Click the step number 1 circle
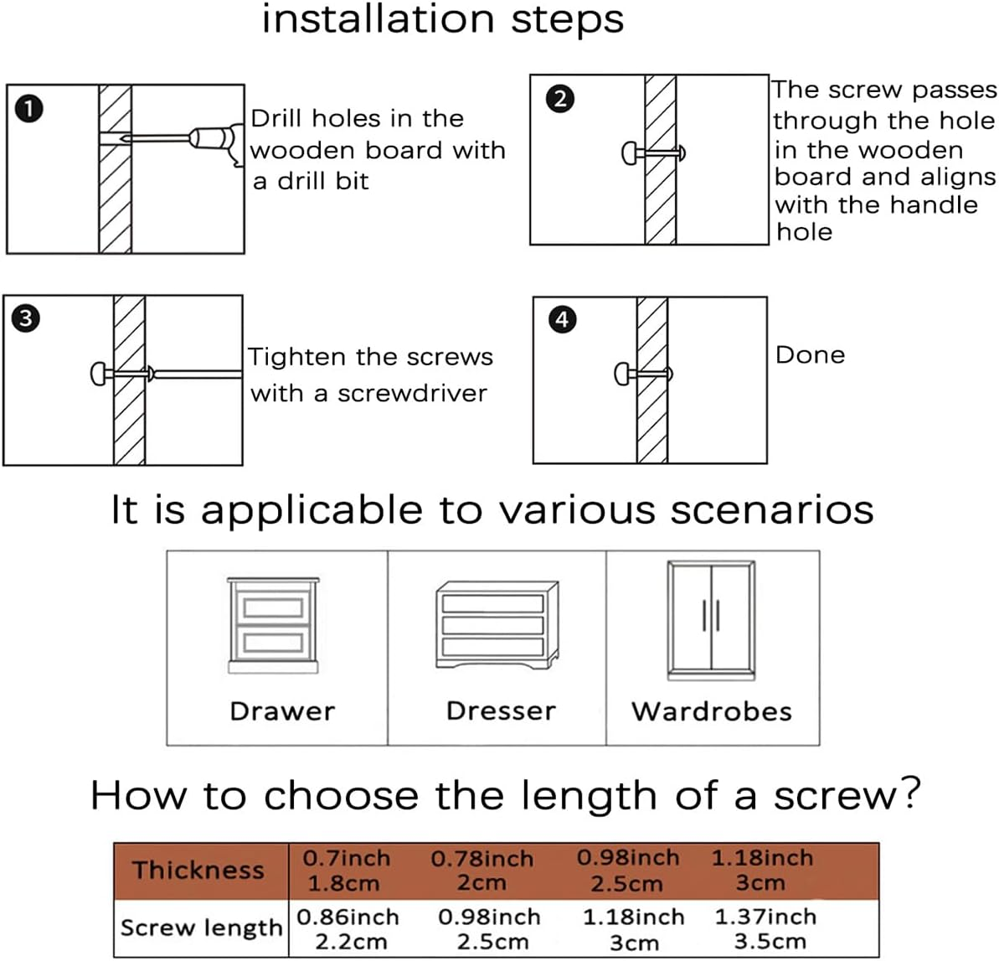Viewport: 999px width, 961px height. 29,109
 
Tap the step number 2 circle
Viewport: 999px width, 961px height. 560,99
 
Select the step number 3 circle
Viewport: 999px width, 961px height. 26,318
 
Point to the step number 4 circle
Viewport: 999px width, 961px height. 562,319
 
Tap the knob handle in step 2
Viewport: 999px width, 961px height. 630,153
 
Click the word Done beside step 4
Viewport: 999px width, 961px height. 810,355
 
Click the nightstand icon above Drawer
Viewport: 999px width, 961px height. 273,625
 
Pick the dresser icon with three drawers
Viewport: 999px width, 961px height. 497,625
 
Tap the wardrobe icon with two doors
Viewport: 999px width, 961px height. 711,620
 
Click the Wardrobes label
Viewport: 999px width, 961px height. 711,712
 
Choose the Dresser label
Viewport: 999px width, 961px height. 501,711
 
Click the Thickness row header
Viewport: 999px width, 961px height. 198,871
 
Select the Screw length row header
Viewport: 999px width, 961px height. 201,927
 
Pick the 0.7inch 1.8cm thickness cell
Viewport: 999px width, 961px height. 346,871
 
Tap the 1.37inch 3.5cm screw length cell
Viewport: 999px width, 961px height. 765,928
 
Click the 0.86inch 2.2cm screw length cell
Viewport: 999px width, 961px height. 348,928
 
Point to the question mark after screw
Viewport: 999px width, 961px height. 908,792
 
